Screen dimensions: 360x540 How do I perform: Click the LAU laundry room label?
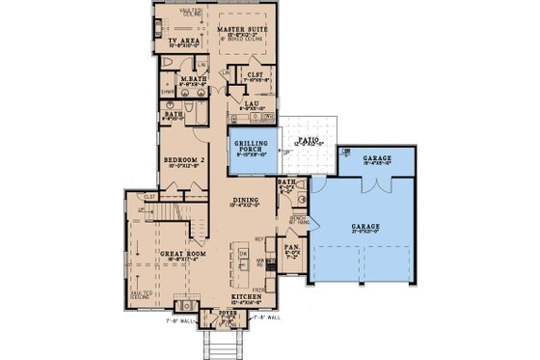pos(250,102)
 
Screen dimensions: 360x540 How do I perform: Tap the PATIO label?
pos(308,140)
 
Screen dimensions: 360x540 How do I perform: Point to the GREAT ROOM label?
pos(178,254)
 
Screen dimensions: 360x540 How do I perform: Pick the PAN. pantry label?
pos(292,248)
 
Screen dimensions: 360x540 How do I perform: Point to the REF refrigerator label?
pos(259,237)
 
